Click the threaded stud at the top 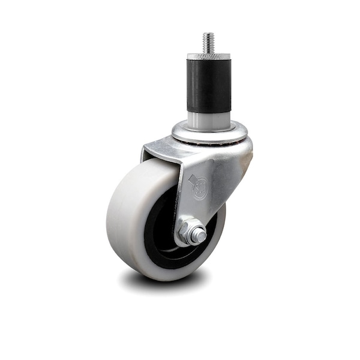(x=208, y=43)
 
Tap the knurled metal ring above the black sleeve (x=208, y=56)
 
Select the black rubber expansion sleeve (x=208, y=84)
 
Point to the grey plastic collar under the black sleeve (x=208, y=118)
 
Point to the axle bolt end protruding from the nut (x=198, y=236)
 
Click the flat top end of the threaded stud (x=208, y=34)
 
